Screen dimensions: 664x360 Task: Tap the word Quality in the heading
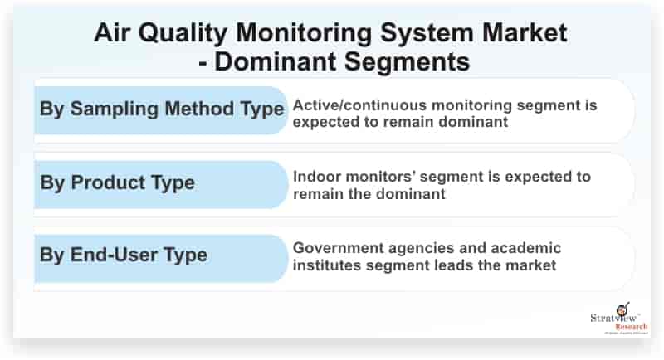click(x=183, y=34)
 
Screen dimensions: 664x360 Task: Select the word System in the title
click(x=427, y=34)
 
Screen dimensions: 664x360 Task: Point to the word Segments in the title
click(x=407, y=62)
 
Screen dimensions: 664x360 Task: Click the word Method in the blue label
click(x=199, y=109)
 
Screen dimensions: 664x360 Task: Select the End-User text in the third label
click(x=114, y=255)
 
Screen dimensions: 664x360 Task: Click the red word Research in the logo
click(x=632, y=327)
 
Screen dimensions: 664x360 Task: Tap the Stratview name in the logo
click(x=613, y=318)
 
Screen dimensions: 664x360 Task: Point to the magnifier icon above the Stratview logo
click(x=623, y=309)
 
